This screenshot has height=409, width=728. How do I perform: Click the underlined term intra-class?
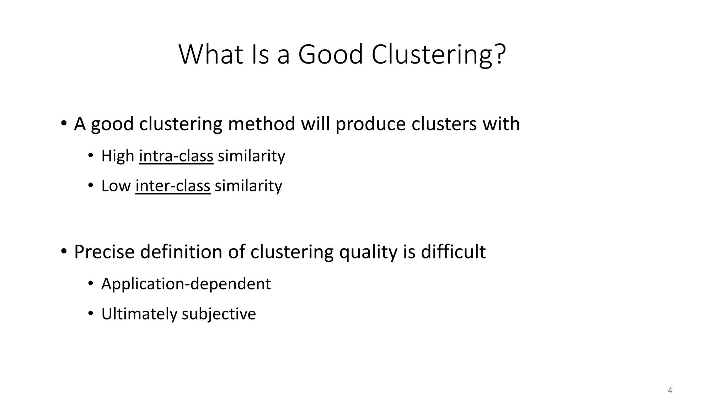176,156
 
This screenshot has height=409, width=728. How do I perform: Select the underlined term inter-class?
173,186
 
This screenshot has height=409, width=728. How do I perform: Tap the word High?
118,156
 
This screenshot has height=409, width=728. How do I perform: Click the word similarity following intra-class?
251,156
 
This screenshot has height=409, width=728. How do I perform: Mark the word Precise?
104,252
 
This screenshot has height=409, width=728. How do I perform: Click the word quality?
368,252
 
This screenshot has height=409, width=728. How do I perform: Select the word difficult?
453,252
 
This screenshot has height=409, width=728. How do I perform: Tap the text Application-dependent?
186,284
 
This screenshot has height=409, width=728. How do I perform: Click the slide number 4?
670,391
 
